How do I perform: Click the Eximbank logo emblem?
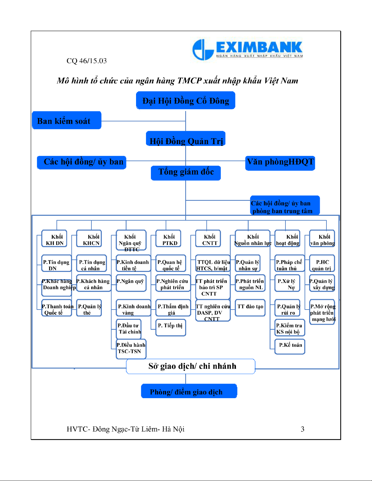pos(203,49)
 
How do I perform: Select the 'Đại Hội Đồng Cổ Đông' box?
pos(186,100)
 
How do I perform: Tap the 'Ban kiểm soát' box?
pos(67,120)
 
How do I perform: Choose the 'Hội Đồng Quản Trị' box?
pos(186,139)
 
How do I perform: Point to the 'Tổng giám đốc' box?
pos(186,173)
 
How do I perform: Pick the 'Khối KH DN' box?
pos(54,239)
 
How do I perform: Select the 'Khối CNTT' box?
pos(208,239)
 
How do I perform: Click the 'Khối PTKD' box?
pos(169,239)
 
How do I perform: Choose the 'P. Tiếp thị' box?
pos(170,327)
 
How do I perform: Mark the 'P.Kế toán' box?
pos(290,346)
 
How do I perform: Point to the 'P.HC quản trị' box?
pos(322,263)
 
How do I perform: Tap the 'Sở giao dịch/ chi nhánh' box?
pos(191,366)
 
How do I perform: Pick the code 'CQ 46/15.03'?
pos(87,61)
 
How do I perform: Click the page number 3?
pos(302,429)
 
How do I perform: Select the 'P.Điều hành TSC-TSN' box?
pos(131,349)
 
